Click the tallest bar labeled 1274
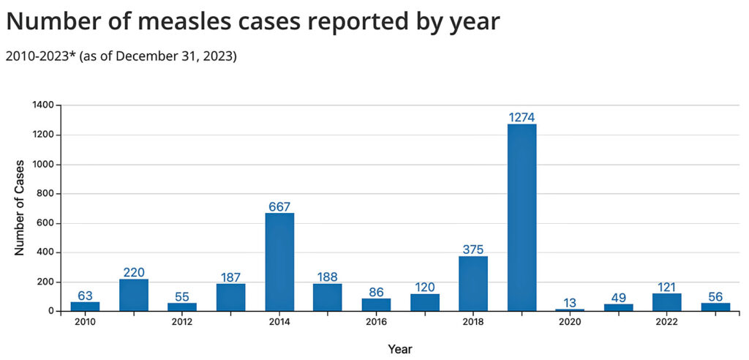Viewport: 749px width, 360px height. (522, 217)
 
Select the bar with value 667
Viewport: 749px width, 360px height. (279, 262)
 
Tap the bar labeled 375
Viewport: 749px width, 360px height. (473, 283)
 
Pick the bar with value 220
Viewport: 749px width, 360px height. (134, 295)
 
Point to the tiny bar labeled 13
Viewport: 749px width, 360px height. (570, 310)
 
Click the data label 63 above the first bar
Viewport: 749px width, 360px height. (85, 296)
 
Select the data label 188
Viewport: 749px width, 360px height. (328, 277)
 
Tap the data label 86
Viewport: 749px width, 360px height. (376, 292)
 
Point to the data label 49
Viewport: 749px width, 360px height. (618, 297)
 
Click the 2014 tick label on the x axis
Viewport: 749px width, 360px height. (279, 322)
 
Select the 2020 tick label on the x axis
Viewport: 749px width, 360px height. (570, 322)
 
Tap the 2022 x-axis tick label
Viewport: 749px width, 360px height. (666, 322)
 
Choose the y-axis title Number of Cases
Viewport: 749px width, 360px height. (20, 207)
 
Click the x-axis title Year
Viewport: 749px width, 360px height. (400, 349)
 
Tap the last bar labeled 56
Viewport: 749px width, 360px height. (715, 307)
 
